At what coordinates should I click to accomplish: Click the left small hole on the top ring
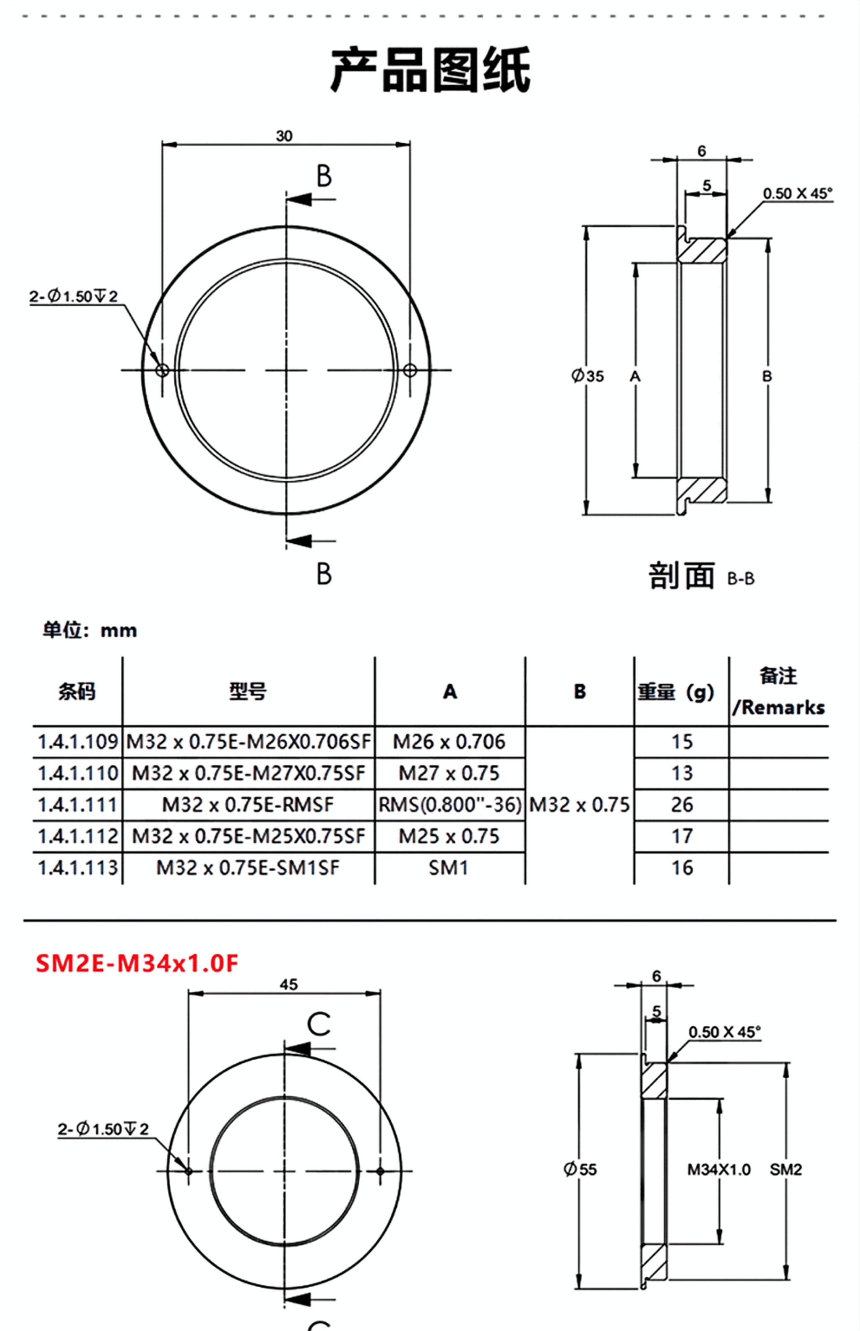[x=163, y=369]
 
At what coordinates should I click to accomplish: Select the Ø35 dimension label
[x=587, y=376]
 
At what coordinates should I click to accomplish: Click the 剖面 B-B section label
[x=701, y=576]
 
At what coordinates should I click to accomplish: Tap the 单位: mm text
[x=90, y=630]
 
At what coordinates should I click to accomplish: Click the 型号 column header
[x=248, y=691]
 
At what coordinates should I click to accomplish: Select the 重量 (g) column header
[x=676, y=692]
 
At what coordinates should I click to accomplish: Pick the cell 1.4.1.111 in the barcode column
[x=78, y=805]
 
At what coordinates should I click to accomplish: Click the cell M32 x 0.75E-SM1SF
[x=248, y=868]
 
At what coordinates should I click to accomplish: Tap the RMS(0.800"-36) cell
[x=449, y=805]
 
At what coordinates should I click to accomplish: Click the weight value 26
[x=682, y=805]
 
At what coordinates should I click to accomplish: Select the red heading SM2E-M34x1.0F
[x=137, y=963]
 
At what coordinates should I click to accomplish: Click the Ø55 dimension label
[x=580, y=1169]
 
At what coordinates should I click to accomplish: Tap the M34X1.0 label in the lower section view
[x=719, y=1169]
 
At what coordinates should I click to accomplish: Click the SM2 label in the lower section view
[x=786, y=1169]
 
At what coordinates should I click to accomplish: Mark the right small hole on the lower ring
[x=380, y=1171]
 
